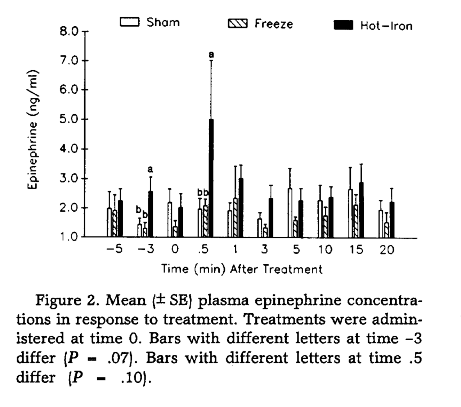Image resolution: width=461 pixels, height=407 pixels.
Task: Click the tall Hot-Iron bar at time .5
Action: (211, 178)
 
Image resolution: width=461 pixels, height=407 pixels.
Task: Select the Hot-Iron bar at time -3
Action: (151, 214)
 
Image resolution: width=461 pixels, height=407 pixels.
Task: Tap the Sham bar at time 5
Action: (290, 213)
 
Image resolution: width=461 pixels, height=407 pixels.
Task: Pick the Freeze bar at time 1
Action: (235, 217)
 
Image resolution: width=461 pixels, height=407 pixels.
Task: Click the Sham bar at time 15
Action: (350, 213)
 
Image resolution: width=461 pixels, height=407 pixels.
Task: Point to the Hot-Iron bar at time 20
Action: (391, 219)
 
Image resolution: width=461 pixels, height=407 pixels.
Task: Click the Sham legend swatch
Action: (129, 22)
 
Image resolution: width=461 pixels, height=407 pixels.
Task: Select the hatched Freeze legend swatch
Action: (238, 24)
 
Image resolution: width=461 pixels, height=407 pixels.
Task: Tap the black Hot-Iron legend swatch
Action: (343, 25)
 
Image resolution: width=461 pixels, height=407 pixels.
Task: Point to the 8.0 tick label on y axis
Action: (69, 31)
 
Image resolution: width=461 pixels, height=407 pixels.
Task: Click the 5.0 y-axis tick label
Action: (69, 119)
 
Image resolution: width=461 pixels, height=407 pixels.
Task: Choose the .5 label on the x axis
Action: (203, 249)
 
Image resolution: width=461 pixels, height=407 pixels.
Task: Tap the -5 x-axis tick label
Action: (115, 249)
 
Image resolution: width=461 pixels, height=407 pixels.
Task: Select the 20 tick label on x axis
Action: (387, 250)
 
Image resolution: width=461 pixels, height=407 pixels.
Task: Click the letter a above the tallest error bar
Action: (211, 55)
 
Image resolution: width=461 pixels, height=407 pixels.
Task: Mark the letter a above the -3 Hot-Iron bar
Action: (151, 169)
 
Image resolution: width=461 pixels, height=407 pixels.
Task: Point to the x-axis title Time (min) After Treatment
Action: (242, 269)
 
